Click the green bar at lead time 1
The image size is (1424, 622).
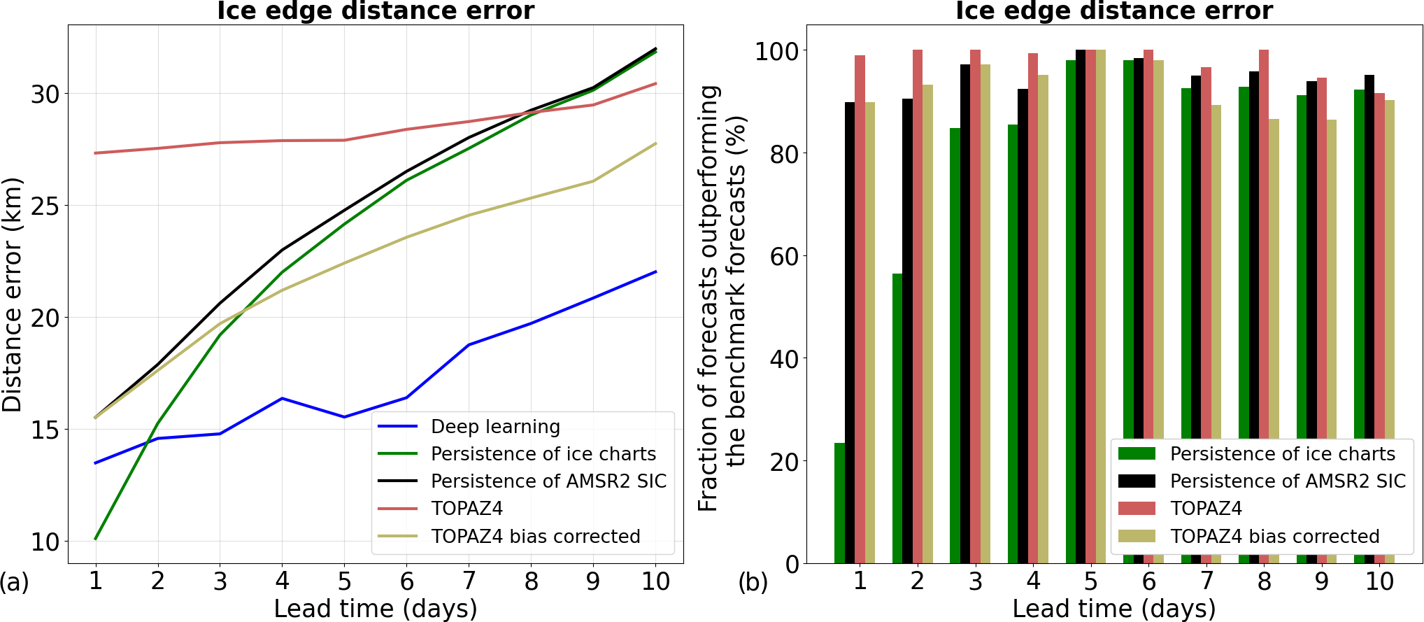(839, 503)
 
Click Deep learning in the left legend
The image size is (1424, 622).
(495, 427)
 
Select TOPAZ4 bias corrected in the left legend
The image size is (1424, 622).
(535, 537)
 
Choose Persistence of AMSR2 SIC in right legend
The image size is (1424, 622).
(1287, 481)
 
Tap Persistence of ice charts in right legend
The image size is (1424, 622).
(1282, 454)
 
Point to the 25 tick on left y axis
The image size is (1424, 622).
(45, 206)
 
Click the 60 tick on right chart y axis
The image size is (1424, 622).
(784, 256)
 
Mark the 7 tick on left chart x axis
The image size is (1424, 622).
(469, 581)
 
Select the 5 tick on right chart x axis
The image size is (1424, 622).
(1091, 581)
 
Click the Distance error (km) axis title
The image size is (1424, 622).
(13, 294)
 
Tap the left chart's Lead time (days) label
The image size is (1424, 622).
(376, 609)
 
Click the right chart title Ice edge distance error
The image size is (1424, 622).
(1114, 11)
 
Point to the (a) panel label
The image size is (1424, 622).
(15, 582)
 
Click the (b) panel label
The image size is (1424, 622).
(753, 582)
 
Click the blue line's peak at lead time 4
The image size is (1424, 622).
(282, 399)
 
